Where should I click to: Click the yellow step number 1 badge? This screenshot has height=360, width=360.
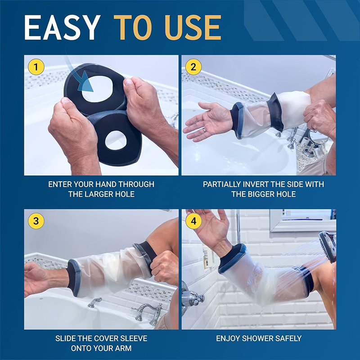click(36, 67)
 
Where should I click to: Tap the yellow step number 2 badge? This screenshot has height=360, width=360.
click(193, 67)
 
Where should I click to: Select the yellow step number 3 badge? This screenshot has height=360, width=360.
click(36, 221)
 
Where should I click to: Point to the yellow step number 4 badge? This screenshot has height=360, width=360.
click(193, 221)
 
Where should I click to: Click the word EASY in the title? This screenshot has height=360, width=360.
click(63, 28)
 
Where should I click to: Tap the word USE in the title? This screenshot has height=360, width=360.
click(193, 28)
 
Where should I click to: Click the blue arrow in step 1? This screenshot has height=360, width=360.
click(78, 73)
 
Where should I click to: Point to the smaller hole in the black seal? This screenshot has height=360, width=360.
click(116, 140)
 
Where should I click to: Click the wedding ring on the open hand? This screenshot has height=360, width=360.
click(204, 130)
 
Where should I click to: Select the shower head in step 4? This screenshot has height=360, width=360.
click(328, 246)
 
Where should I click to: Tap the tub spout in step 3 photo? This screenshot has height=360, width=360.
click(94, 302)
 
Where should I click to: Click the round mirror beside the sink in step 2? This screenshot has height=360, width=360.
click(318, 137)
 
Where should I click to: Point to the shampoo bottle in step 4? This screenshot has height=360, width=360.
click(208, 256)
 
